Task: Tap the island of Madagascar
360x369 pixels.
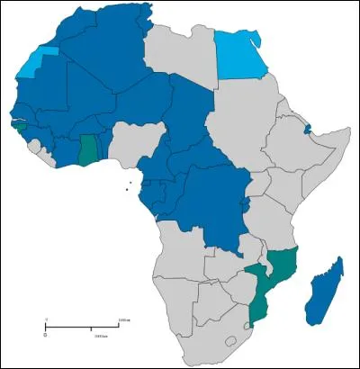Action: [324, 288]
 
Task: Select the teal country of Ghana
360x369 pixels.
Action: [88, 148]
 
